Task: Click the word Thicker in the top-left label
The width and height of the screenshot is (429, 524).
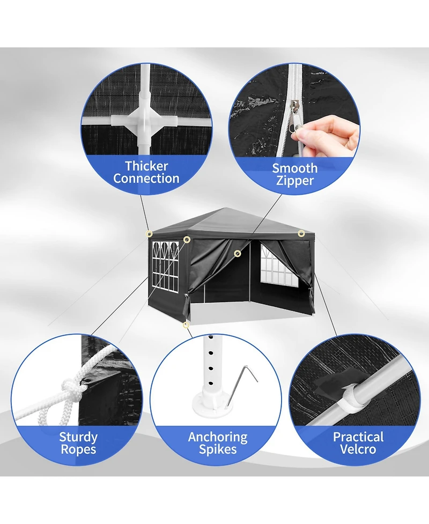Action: (x=146, y=166)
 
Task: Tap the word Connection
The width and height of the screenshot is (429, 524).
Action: (x=146, y=179)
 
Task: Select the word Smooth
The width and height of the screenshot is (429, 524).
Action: (x=294, y=168)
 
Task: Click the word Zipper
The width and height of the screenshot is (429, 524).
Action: (x=294, y=181)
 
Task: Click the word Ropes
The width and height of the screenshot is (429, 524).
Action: (x=78, y=449)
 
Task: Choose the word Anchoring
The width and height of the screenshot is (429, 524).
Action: (x=218, y=437)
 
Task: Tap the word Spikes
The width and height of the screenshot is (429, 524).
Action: (x=218, y=449)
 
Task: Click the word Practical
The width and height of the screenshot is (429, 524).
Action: (x=358, y=437)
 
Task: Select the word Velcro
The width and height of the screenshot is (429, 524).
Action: (x=358, y=449)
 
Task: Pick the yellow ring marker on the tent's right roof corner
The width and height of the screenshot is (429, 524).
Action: (x=301, y=233)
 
